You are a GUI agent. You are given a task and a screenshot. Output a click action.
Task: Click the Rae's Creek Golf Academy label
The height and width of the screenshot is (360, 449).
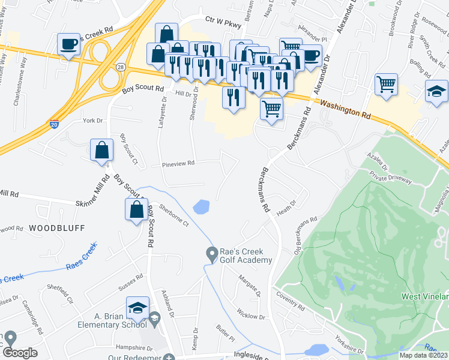click(x=246, y=256)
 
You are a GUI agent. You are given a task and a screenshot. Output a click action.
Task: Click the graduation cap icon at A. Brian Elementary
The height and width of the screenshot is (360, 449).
click(x=137, y=308)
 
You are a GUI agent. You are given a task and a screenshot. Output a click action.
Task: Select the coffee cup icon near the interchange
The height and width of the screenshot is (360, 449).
click(x=68, y=44)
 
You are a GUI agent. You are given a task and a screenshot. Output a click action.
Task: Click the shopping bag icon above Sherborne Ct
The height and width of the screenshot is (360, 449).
click(x=136, y=209)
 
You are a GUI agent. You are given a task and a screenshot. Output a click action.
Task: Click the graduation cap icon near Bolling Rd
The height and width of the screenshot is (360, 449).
click(x=436, y=92)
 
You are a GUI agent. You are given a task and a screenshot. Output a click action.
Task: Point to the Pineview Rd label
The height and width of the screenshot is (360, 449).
click(x=178, y=163)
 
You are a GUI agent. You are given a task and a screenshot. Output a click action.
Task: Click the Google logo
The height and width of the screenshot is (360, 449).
click(x=20, y=353)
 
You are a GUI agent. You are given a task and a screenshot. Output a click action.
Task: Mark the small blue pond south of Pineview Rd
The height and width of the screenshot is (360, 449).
click(x=202, y=207)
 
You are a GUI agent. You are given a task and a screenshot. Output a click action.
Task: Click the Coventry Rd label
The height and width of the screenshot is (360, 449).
click(x=291, y=296)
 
